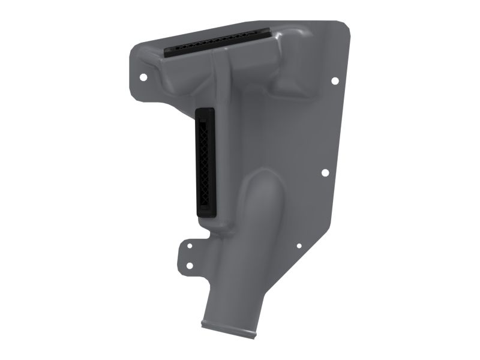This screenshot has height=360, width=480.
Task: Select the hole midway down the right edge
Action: [x=325, y=173]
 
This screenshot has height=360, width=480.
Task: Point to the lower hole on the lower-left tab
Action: [x=189, y=265]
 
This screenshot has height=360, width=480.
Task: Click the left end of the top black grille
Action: [x=169, y=52]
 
